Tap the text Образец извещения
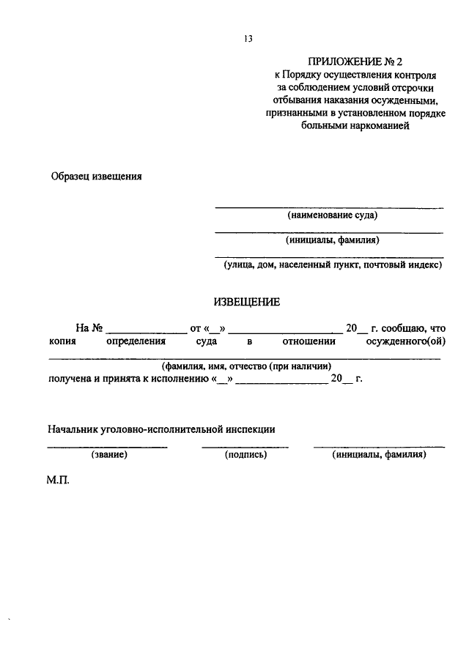point(95,176)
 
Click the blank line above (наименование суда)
point(328,208)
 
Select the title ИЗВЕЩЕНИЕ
point(247,302)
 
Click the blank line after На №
point(147,332)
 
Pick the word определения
point(136,341)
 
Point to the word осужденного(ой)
point(408,341)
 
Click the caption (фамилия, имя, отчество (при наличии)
point(247,366)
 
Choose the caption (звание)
point(108,455)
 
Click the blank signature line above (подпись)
point(245,446)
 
